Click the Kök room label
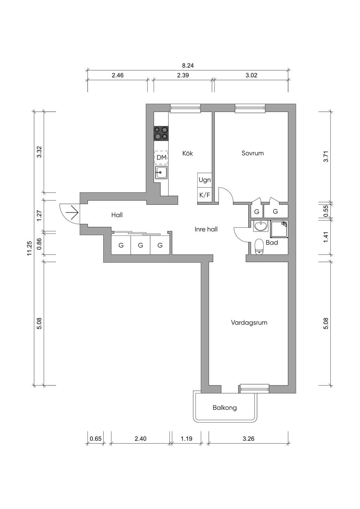pyautogui.click(x=187, y=153)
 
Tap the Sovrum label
pyautogui.click(x=252, y=153)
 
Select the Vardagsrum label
pyautogui.click(x=249, y=322)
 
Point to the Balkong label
pyautogui.click(x=225, y=408)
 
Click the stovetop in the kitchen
pyautogui.click(x=161, y=133)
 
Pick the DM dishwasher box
pyautogui.click(x=161, y=157)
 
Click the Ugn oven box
pyautogui.click(x=205, y=180)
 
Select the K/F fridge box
pyautogui.click(x=205, y=195)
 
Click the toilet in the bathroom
pyautogui.click(x=259, y=246)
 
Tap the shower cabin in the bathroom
pyautogui.click(x=279, y=229)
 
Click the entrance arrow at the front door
pyautogui.click(x=72, y=213)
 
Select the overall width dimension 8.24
pyautogui.click(x=188, y=66)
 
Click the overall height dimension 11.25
pyautogui.click(x=30, y=248)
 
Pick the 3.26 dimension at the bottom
pyautogui.click(x=248, y=439)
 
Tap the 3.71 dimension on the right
pyautogui.click(x=326, y=157)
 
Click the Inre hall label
pyautogui.click(x=206, y=229)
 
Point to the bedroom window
pyautogui.click(x=250, y=108)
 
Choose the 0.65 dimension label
pyautogui.click(x=96, y=439)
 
